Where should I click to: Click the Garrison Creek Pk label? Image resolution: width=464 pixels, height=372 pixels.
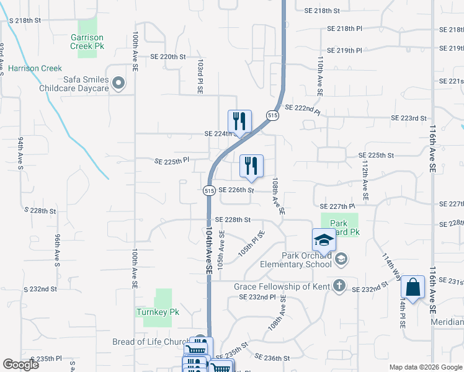[87, 42]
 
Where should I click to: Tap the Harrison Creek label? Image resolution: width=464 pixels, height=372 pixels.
[35, 68]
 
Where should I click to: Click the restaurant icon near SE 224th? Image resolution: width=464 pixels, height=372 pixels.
[239, 121]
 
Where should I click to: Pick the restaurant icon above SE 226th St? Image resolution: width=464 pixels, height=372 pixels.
[251, 166]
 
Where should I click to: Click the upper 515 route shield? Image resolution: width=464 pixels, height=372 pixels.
[272, 115]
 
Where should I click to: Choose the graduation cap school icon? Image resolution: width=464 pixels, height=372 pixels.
[323, 240]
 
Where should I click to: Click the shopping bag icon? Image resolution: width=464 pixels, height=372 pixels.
[413, 288]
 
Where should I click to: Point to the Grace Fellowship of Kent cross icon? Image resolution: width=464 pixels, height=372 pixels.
[339, 286]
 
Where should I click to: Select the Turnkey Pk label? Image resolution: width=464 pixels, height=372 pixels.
[158, 312]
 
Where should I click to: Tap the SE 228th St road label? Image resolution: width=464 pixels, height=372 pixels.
[233, 219]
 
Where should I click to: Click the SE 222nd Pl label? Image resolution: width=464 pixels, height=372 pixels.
[303, 110]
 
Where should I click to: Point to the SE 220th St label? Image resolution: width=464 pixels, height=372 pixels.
[168, 56]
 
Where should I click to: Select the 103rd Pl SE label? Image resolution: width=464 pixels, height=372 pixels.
[200, 76]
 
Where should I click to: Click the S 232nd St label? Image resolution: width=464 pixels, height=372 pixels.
[40, 289]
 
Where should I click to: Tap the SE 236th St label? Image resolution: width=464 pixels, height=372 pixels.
[272, 358]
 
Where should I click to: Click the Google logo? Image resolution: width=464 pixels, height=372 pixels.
[20, 365]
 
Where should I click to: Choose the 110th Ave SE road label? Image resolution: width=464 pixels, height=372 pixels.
[320, 76]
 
